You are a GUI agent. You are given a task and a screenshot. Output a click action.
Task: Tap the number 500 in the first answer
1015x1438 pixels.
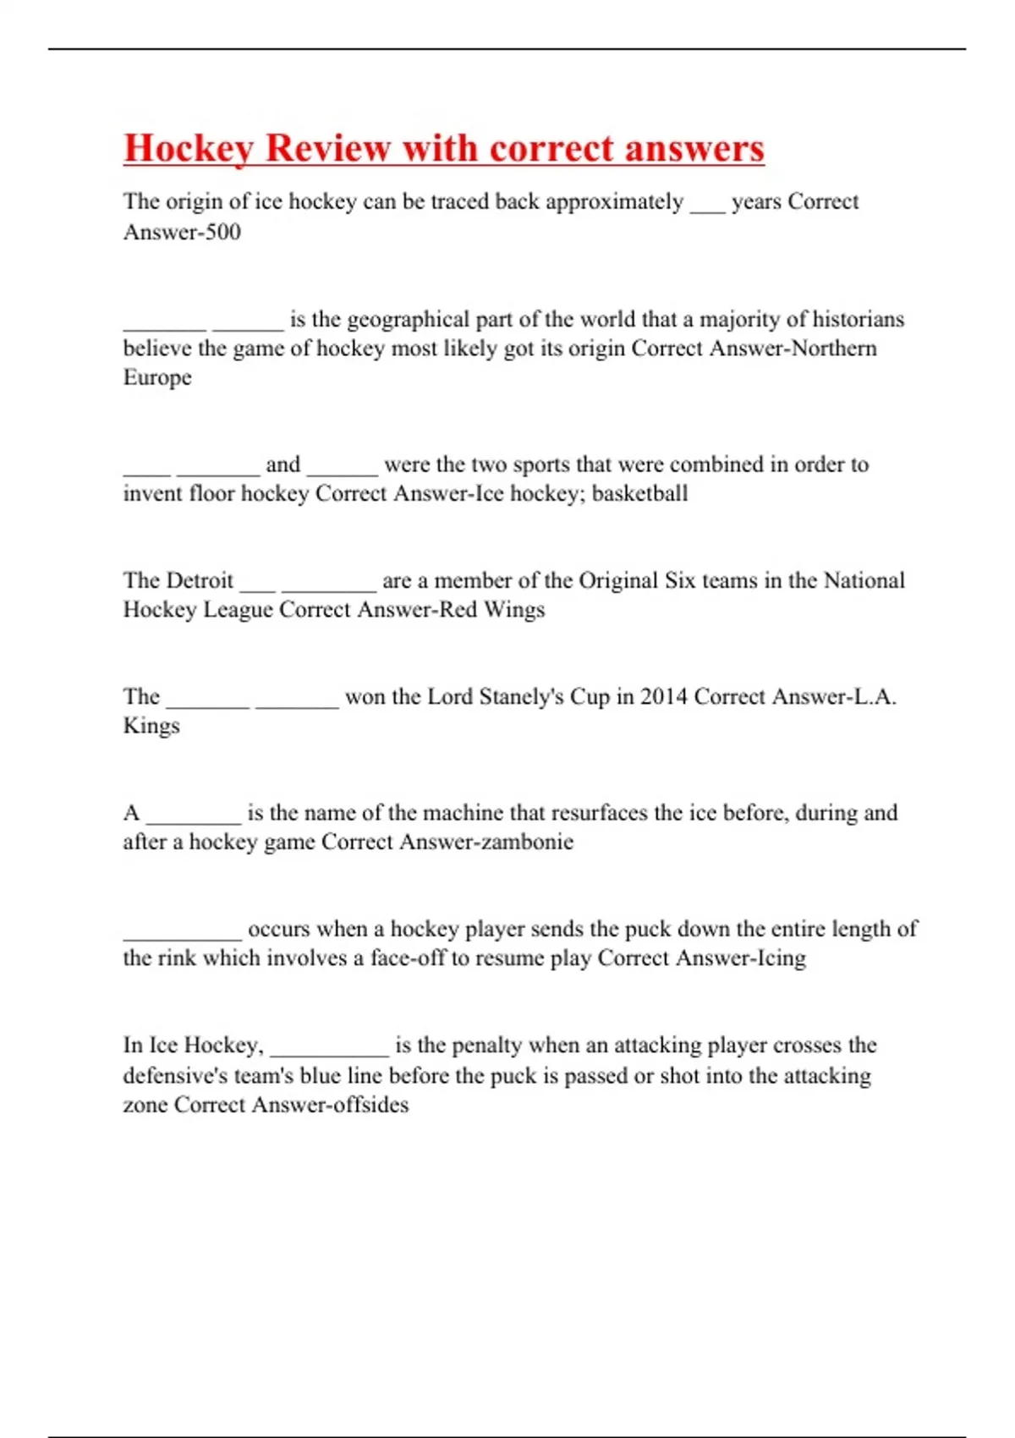coord(223,232)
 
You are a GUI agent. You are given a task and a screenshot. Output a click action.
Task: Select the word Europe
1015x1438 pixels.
coord(157,377)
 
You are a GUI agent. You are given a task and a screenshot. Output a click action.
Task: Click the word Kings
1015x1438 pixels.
coord(151,726)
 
